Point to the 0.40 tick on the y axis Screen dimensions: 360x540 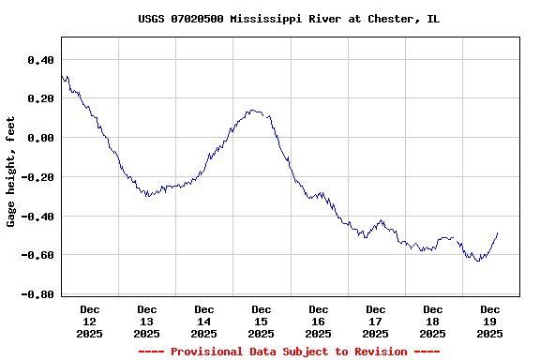40,60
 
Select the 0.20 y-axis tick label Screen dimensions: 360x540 40,98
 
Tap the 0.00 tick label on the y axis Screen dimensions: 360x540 40,138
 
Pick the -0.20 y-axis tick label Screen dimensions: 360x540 37,177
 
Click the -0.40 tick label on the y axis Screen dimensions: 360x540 37,217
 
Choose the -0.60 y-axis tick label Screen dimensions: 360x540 37,255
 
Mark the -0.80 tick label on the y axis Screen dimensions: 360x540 37,294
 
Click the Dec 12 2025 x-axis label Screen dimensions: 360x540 90,321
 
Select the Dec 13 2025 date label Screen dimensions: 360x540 147,321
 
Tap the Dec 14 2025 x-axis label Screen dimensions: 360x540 204,321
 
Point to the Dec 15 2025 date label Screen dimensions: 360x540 262,321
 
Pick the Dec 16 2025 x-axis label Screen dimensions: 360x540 319,321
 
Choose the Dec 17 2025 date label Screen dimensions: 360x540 376,321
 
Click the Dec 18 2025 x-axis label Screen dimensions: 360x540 433,321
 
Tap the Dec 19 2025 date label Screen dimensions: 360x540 490,321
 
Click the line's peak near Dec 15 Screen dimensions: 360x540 253,110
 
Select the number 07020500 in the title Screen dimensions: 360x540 197,19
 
